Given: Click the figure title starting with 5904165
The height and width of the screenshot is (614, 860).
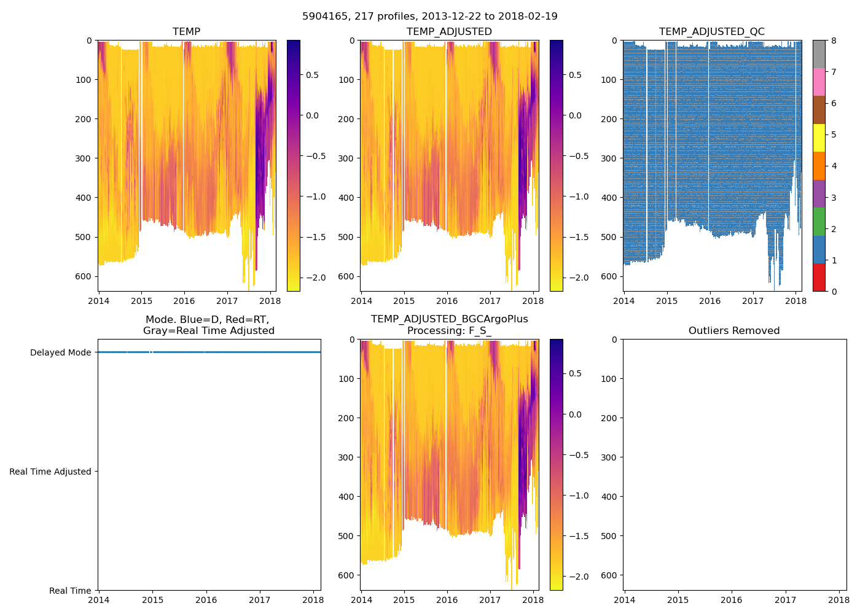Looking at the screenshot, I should point(430,17).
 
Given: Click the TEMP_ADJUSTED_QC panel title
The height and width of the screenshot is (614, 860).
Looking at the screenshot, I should point(711,32).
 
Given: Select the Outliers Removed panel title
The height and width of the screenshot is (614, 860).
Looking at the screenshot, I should point(733,331).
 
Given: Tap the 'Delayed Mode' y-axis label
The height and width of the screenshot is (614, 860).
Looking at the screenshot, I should point(60,352).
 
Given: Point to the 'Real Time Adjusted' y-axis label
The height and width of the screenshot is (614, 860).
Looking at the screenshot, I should point(50,472).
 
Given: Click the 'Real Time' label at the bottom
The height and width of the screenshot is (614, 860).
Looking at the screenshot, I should point(70,591).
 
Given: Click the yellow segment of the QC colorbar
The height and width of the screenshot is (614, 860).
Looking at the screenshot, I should point(819,138).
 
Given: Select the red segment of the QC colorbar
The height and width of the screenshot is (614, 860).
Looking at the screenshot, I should point(819,277).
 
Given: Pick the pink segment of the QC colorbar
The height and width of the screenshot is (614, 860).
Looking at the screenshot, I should point(819,82).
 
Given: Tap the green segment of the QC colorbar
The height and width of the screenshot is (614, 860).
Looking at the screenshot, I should point(819,221).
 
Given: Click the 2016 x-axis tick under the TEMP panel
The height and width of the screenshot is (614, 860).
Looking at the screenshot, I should point(184,301).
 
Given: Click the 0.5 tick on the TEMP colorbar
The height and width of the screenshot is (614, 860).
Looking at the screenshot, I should point(312,75).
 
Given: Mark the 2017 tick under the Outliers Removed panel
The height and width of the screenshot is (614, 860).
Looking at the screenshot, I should point(785,600).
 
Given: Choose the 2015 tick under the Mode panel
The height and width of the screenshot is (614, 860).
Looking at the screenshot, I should point(153,600).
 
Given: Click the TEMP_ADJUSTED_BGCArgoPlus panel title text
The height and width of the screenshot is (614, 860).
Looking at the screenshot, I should point(449,319).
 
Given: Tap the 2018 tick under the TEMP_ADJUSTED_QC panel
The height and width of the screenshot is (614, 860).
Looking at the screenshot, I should point(795,301).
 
